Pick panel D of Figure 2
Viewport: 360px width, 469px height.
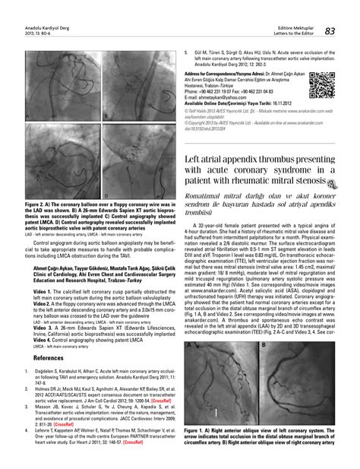139,161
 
